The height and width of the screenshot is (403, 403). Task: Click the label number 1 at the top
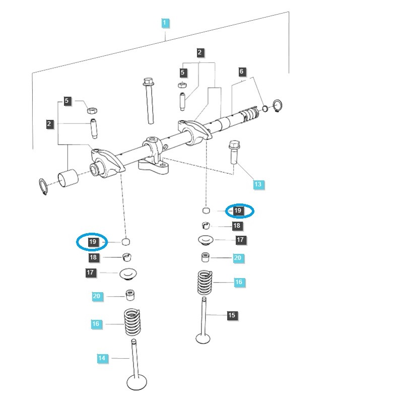pyautogui.click(x=165, y=23)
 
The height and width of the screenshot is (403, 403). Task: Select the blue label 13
pyautogui.click(x=257, y=184)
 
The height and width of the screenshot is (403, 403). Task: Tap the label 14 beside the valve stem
pyautogui.click(x=102, y=358)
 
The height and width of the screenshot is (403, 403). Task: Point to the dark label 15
pyautogui.click(x=231, y=315)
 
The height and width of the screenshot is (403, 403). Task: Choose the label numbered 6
pyautogui.click(x=241, y=72)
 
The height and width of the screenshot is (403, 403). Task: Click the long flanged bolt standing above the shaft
pyautogui.click(x=149, y=100)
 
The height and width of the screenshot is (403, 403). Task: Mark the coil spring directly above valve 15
pyautogui.click(x=205, y=283)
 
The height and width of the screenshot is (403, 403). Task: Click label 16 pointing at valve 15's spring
pyautogui.click(x=239, y=282)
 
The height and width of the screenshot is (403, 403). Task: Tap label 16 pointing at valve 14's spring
pyautogui.click(x=96, y=324)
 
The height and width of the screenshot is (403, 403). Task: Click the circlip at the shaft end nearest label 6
pyautogui.click(x=277, y=106)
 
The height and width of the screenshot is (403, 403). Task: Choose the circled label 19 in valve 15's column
pyautogui.click(x=238, y=211)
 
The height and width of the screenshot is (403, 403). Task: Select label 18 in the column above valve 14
pyautogui.click(x=93, y=257)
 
